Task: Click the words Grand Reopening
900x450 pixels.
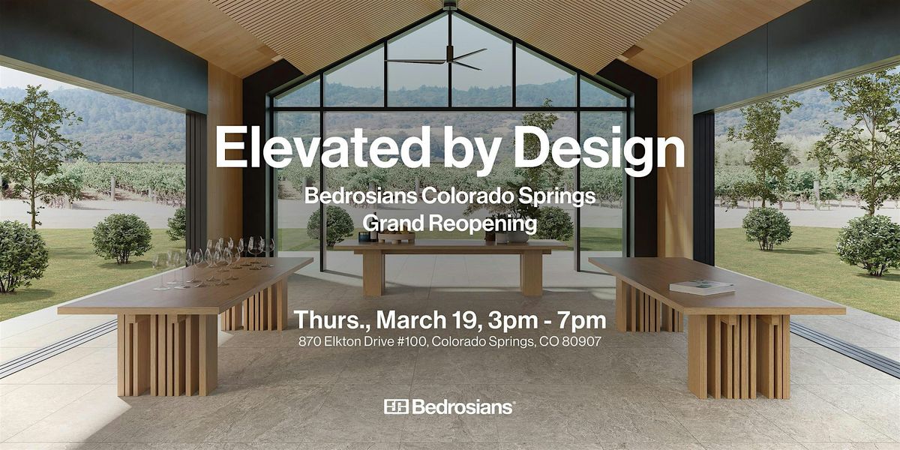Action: pyautogui.click(x=449, y=223)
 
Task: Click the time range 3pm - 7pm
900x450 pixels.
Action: pyautogui.click(x=547, y=321)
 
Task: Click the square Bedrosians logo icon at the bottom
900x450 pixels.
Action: pyautogui.click(x=396, y=406)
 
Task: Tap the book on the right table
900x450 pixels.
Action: pyautogui.click(x=701, y=286)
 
